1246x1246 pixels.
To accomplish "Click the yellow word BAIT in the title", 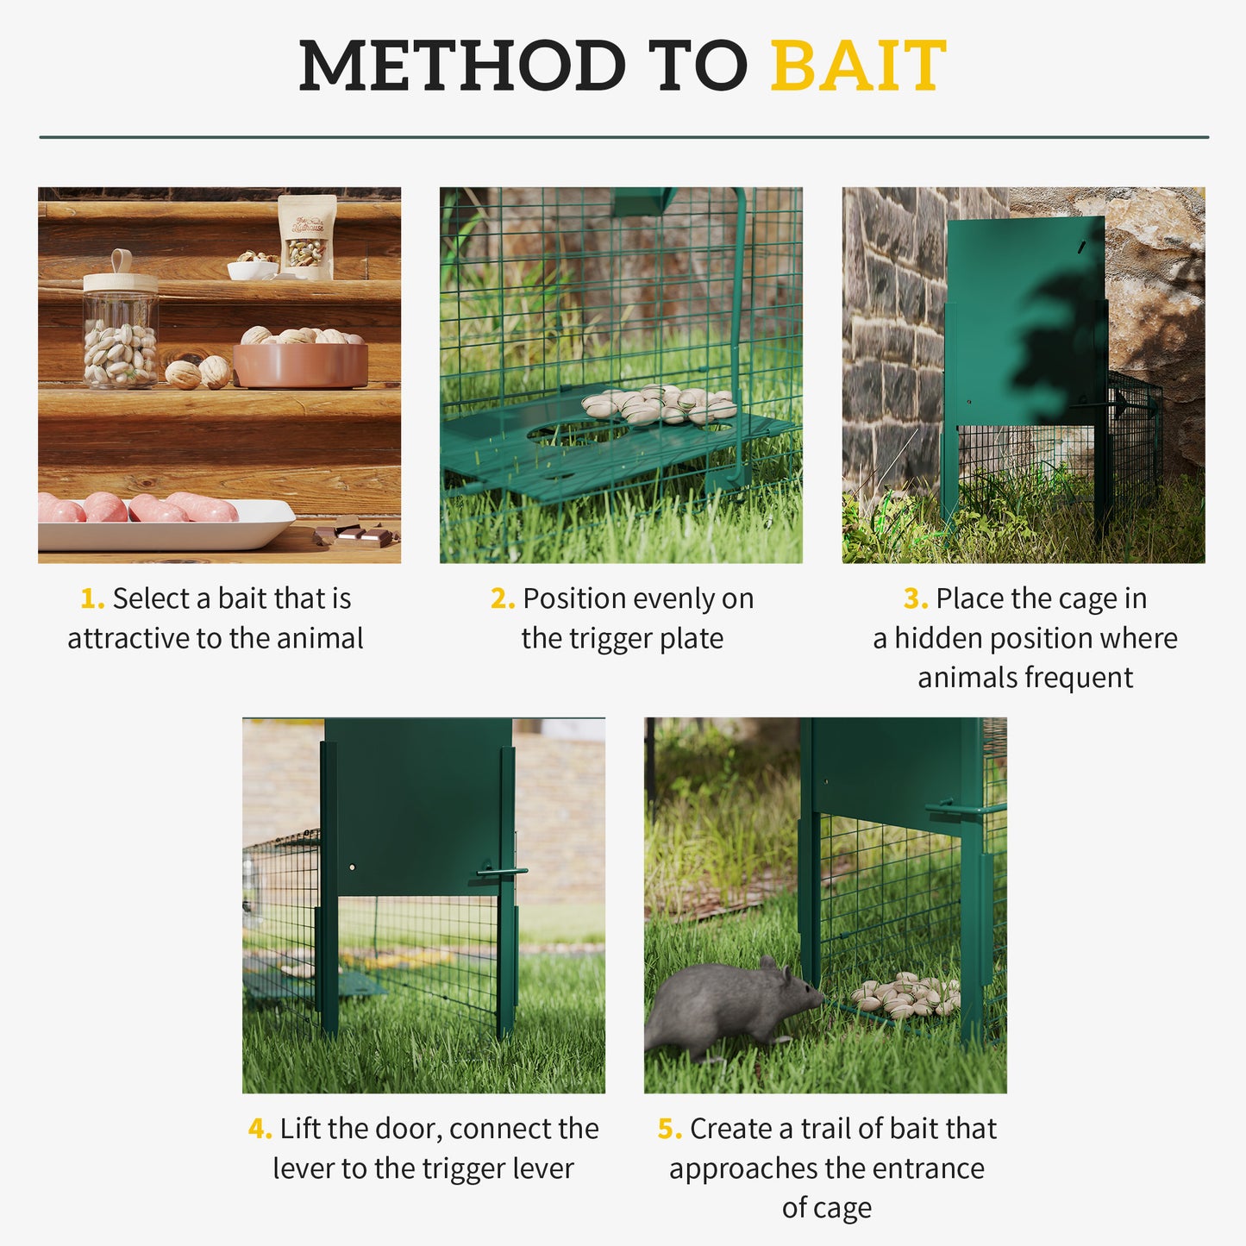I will click(858, 66).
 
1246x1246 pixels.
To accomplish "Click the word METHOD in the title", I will click(461, 66).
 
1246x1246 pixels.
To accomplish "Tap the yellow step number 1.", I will click(91, 598).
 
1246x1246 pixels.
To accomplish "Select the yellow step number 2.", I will click(502, 598).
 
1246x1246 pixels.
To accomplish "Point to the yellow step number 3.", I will click(915, 598).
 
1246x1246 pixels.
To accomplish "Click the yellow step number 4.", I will click(260, 1129).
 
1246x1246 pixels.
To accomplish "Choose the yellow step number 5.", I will click(669, 1129).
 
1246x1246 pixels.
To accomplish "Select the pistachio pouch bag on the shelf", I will click(306, 236).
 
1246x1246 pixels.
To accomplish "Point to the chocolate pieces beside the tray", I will click(354, 532).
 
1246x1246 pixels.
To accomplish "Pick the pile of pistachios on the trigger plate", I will click(660, 405).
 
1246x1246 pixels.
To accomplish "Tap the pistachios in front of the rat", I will click(905, 996).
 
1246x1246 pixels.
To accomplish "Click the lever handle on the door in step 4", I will click(501, 873).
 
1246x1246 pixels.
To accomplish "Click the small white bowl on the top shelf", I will click(252, 269).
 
